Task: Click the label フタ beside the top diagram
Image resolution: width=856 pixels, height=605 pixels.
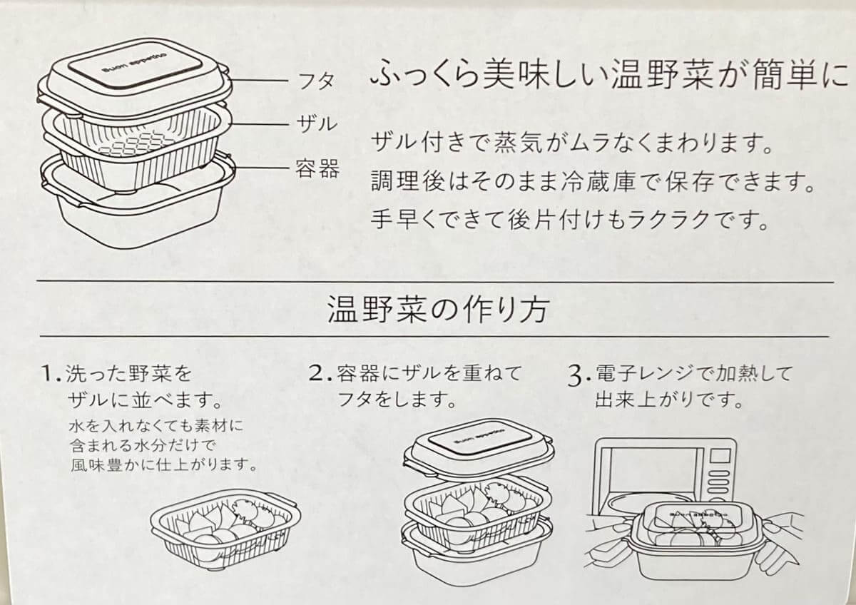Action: [315, 81]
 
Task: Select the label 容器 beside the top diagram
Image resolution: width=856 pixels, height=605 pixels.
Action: [317, 170]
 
